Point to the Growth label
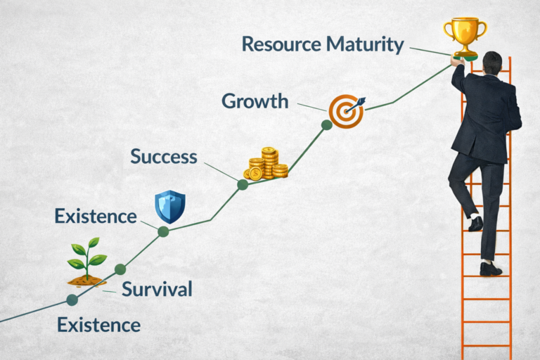(255, 101)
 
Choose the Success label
(163, 156)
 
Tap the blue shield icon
(169, 206)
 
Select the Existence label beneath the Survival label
(98, 326)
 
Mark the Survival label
(156, 289)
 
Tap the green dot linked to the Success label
(243, 185)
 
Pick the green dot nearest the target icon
(326, 125)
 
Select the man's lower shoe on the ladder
(491, 269)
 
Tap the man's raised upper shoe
(476, 224)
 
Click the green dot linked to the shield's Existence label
(163, 231)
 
